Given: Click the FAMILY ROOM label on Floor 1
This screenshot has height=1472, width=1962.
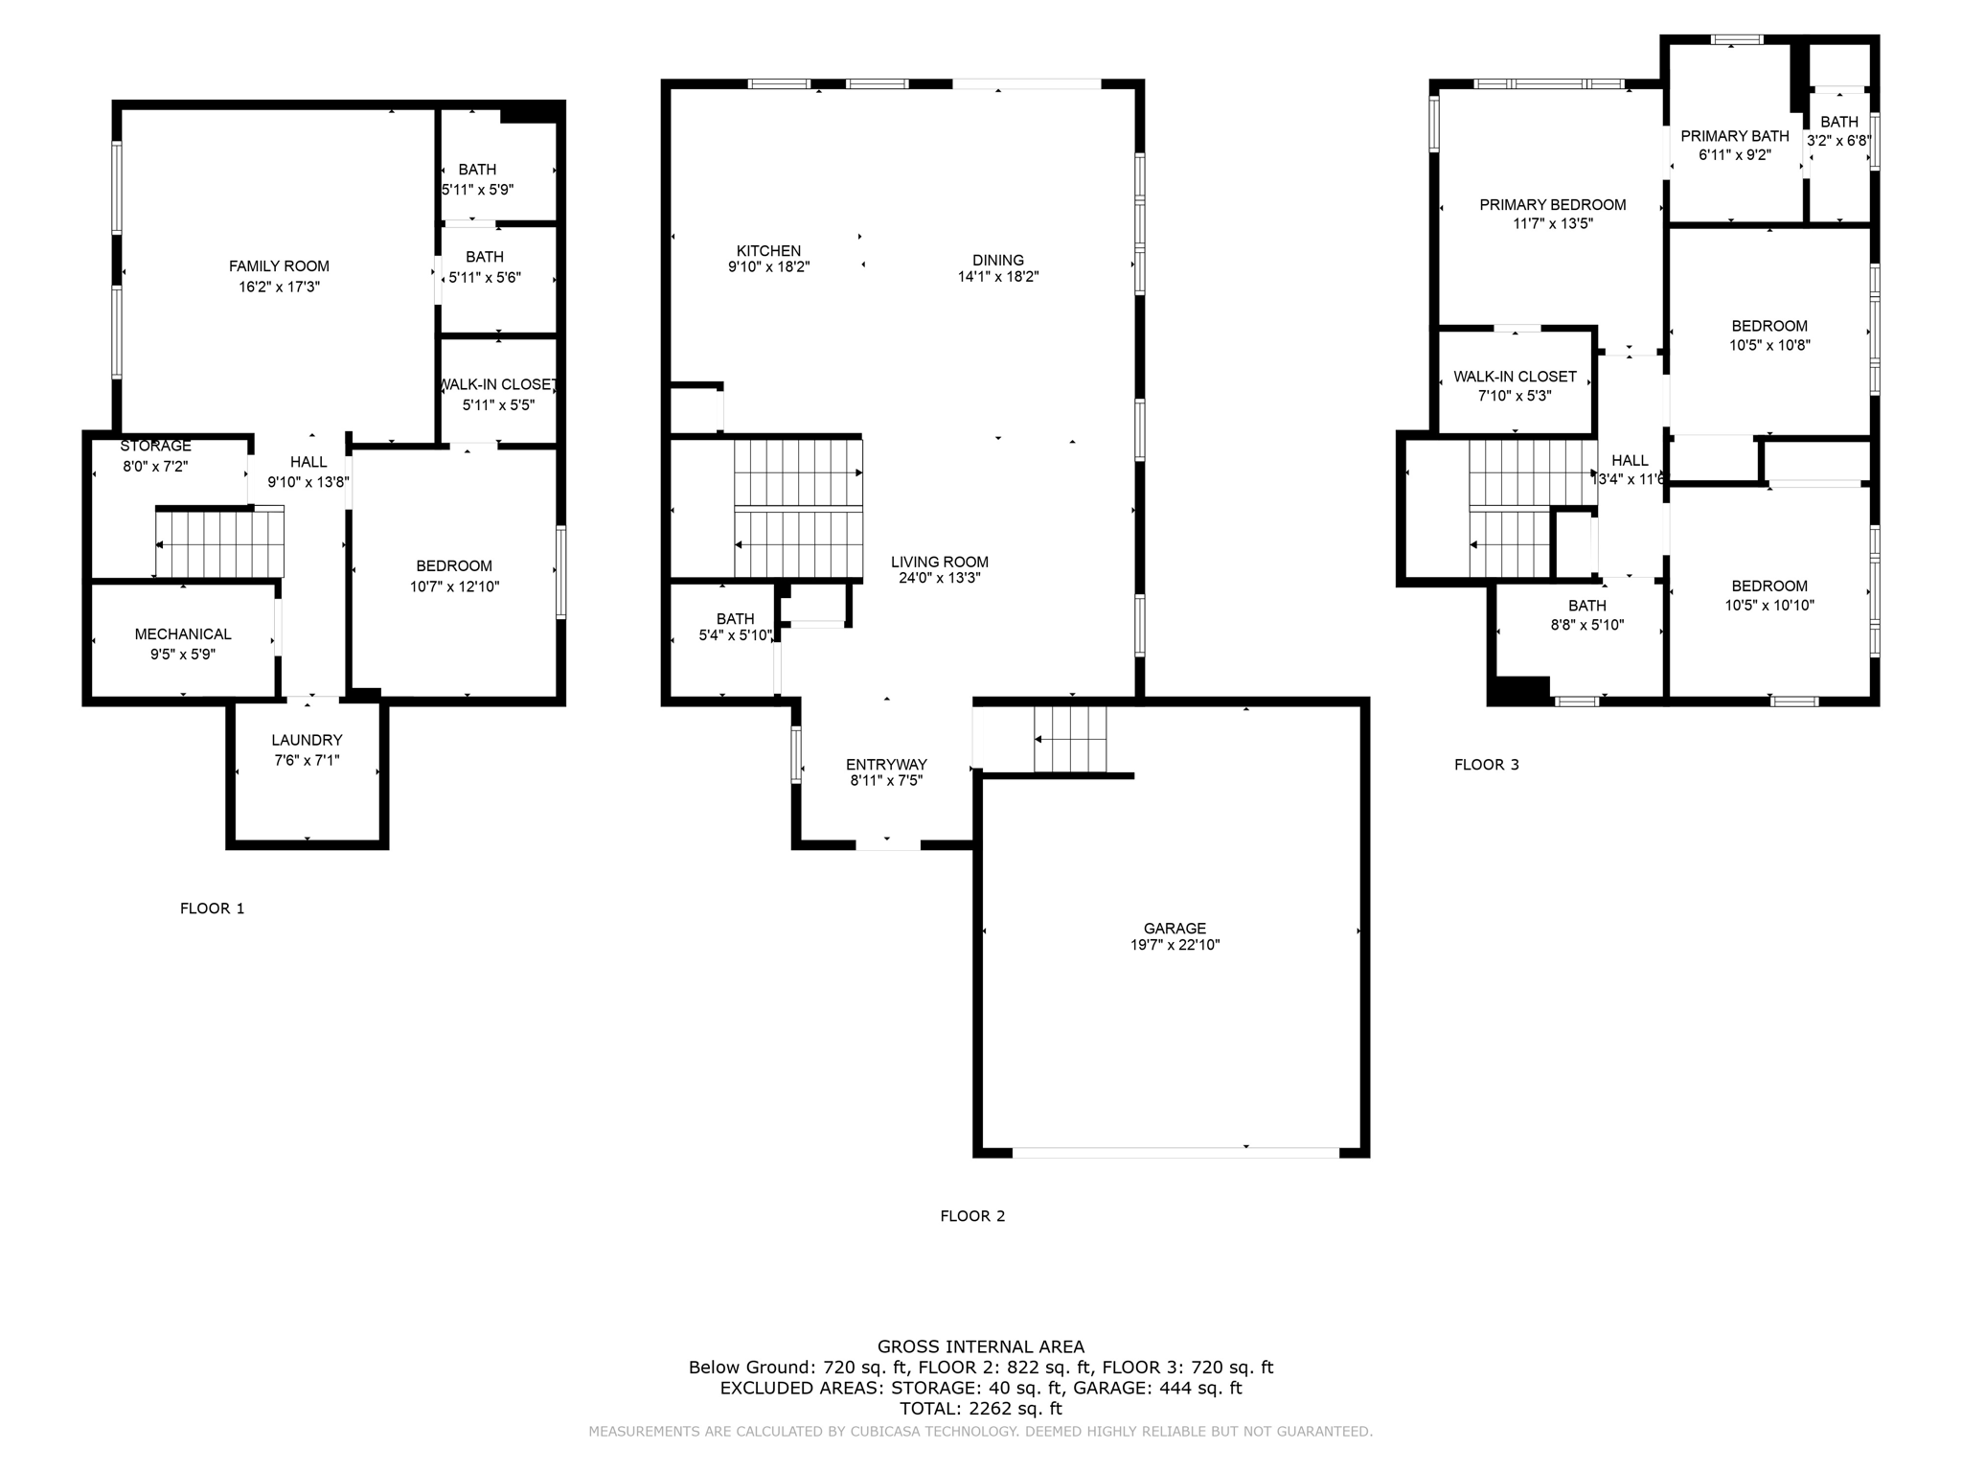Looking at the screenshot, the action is pos(279,266).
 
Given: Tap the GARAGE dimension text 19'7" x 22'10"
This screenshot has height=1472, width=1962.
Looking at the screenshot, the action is pos(1175,945).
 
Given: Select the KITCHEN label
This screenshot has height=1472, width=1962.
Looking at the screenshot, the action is pos(768,251).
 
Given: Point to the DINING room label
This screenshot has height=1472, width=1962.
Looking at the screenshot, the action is pos(998,260).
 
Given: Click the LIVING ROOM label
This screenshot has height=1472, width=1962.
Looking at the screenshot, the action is pos(940,562).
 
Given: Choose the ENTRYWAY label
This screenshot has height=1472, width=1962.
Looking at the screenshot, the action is pos(886,764).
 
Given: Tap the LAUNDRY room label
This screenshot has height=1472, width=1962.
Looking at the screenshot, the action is pos(307,740).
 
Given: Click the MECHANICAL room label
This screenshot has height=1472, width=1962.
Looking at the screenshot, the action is pos(183,633).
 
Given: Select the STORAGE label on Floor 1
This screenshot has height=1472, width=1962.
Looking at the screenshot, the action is pos(155,446).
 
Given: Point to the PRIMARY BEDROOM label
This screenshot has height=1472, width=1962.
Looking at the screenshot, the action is pos(1553,204).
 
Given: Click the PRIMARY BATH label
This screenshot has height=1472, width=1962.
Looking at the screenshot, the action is pos(1735,136).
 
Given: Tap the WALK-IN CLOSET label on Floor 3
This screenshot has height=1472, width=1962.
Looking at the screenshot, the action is pos(1515,377).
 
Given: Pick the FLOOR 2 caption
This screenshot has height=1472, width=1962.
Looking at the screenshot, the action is pos(972,1216).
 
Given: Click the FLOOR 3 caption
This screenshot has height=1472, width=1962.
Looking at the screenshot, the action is pos(1487,765).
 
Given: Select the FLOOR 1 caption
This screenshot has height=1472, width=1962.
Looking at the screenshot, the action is pos(213,908).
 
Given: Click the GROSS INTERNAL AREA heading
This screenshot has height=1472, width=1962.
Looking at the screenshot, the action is pos(981,1346).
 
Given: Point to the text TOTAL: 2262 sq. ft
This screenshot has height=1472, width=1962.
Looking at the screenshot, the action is pos(981,1409).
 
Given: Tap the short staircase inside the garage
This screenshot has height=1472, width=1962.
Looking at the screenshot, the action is pos(1070,739).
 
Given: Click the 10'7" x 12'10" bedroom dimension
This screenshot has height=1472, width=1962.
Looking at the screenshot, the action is pos(454,586).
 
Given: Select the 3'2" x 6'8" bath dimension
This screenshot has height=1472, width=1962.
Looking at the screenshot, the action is pos(1838,141).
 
